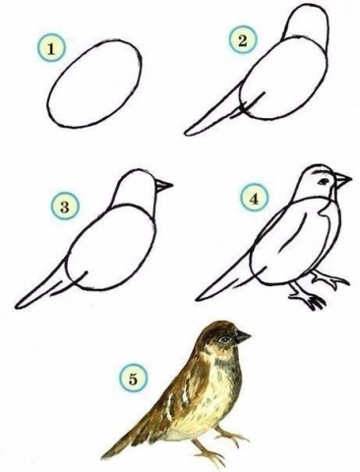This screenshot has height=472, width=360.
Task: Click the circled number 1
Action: tap(51, 48)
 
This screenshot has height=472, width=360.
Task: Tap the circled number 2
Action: tap(243, 40)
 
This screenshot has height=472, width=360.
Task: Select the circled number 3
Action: tap(65, 206)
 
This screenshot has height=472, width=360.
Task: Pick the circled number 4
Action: tap(255, 198)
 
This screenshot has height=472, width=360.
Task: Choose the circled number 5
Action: tap(133, 379)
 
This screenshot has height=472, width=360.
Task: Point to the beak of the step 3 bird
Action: tap(163, 186)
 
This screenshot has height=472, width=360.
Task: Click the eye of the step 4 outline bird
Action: tap(324, 181)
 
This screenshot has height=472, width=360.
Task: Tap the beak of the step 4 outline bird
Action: tap(341, 180)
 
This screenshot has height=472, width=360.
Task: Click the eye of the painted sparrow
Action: tap(224, 340)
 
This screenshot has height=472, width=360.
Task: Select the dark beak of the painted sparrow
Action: tap(242, 337)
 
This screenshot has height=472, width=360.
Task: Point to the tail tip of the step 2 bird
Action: tap(187, 133)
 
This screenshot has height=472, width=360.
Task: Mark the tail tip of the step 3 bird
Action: tap(18, 306)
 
